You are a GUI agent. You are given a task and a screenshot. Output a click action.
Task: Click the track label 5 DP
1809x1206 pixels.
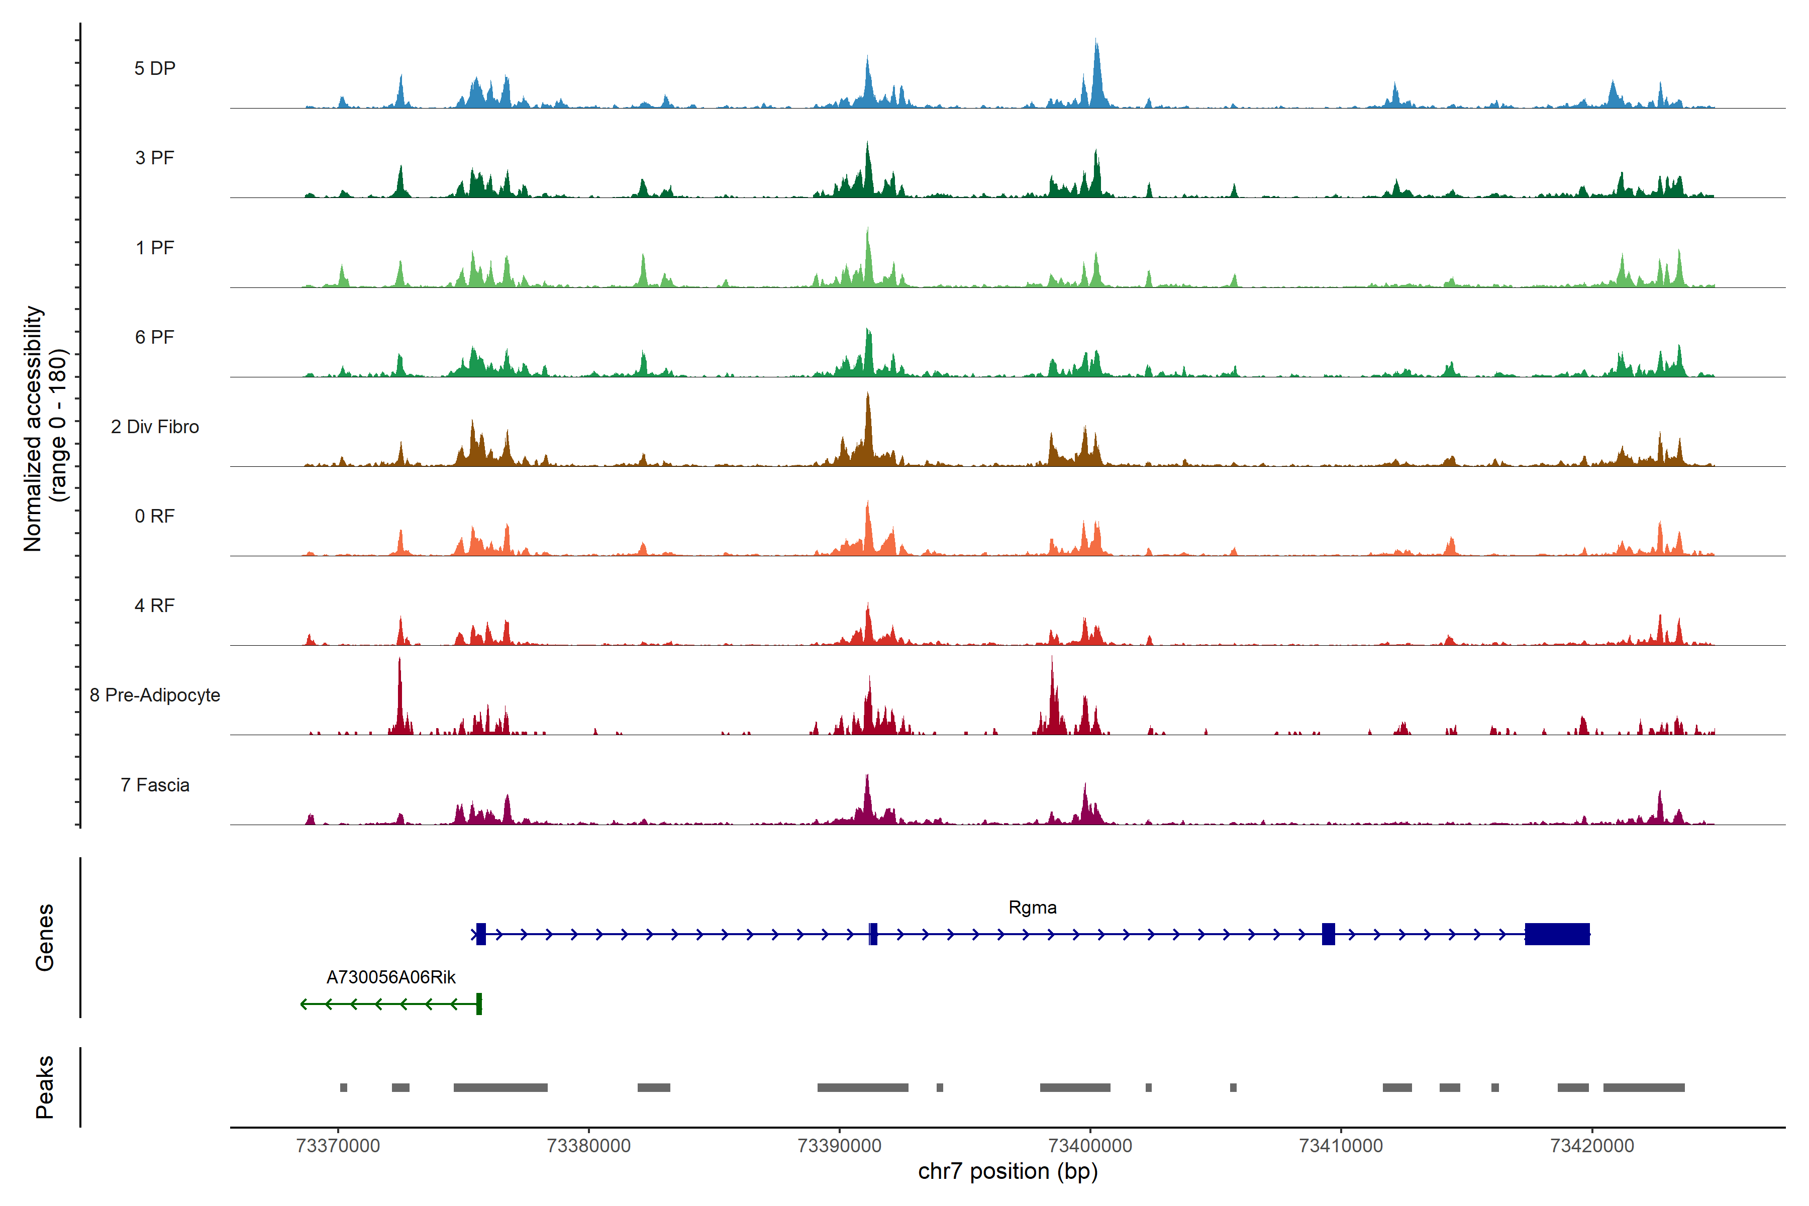(155, 68)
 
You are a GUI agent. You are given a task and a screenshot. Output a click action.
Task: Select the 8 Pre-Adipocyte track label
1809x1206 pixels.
(155, 695)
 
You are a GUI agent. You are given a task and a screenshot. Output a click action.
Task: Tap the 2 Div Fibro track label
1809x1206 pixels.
(155, 427)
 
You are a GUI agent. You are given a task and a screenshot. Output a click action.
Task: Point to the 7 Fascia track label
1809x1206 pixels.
(155, 785)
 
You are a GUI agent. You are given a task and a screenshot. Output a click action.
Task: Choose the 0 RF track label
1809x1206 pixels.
(155, 516)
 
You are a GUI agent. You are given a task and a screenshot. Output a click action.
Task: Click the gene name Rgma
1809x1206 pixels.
(1032, 908)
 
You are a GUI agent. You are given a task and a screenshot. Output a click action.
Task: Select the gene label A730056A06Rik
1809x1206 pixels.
(391, 977)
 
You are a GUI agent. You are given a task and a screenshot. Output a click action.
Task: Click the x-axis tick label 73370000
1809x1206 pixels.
(338, 1146)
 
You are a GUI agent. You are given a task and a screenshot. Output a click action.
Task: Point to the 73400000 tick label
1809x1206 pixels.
(1090, 1146)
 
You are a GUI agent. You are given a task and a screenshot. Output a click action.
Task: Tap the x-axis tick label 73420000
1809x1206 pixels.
(1591, 1146)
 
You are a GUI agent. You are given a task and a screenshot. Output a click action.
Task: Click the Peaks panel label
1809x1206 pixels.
(45, 1087)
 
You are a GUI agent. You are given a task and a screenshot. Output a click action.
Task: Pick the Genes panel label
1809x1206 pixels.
(45, 938)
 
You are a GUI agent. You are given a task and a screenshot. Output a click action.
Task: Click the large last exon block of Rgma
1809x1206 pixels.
(1557, 934)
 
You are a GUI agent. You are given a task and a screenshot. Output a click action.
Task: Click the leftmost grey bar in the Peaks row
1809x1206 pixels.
(344, 1087)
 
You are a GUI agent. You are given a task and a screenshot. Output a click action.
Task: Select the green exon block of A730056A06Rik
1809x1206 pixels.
(479, 1003)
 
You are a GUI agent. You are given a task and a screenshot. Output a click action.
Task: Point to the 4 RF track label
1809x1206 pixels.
(155, 606)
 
